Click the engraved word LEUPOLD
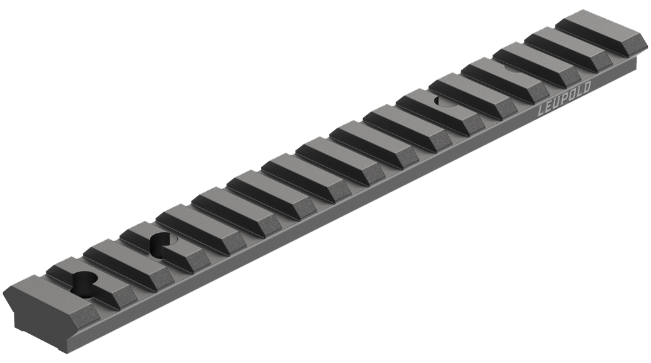[565, 100]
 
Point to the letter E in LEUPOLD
[550, 108]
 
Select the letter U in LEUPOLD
[557, 104]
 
